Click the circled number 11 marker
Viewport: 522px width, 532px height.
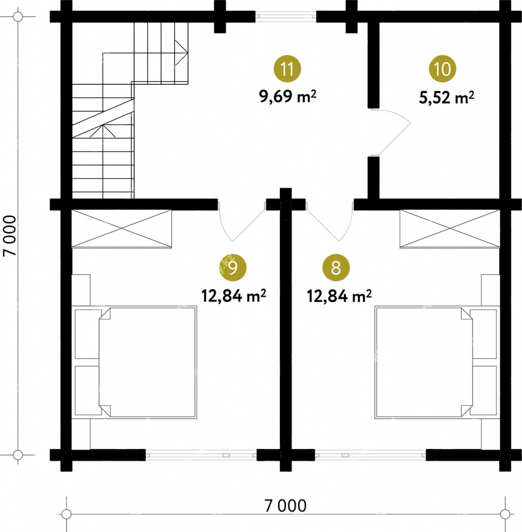coord(288,69)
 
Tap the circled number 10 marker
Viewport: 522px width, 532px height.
coord(442,69)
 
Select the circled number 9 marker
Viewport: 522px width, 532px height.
coord(233,268)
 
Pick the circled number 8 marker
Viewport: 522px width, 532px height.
coord(336,268)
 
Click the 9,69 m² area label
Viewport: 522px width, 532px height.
coord(288,97)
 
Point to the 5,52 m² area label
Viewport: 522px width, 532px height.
coord(447,98)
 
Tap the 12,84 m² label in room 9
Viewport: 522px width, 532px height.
coord(233,296)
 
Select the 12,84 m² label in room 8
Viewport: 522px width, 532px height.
coord(340,296)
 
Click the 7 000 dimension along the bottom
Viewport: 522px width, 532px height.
coord(285,506)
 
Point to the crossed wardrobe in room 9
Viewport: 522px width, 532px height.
coord(122,229)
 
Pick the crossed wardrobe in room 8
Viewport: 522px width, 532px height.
coord(450,229)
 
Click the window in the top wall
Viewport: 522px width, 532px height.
coord(285,16)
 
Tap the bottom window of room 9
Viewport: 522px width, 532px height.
coord(201,455)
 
